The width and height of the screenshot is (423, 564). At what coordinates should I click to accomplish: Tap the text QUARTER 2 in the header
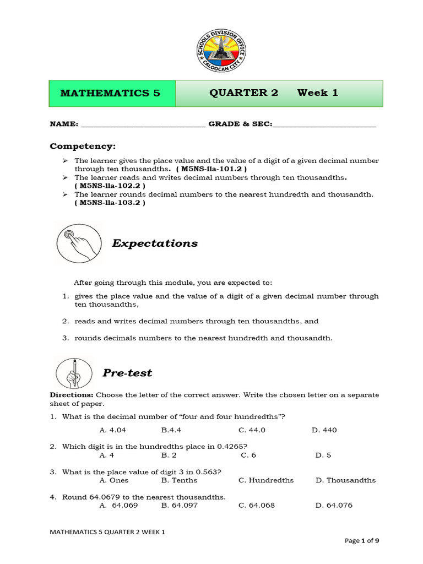pos(243,93)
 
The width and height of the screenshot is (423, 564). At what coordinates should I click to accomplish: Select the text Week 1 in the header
pos(317,93)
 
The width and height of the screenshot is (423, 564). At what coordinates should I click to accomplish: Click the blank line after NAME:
pos(143,124)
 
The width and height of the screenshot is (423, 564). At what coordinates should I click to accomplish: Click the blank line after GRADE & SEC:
pos(324,124)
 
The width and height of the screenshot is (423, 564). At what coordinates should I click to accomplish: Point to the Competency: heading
pos(83,146)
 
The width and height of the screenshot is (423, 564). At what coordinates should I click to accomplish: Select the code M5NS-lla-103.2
pos(110,203)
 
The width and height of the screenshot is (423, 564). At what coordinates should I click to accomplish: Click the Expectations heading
pos(155,243)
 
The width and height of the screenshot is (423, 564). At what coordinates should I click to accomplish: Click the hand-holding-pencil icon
pos(74,372)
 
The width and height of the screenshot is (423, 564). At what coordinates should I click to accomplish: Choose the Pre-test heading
pos(127,373)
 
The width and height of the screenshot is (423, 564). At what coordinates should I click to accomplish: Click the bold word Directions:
pos(72,395)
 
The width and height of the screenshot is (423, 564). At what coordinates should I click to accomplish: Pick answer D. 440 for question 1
pos(324,430)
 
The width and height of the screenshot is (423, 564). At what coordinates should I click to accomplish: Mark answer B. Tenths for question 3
pos(179,480)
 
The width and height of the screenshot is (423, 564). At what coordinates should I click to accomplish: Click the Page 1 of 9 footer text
pos(361,541)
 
